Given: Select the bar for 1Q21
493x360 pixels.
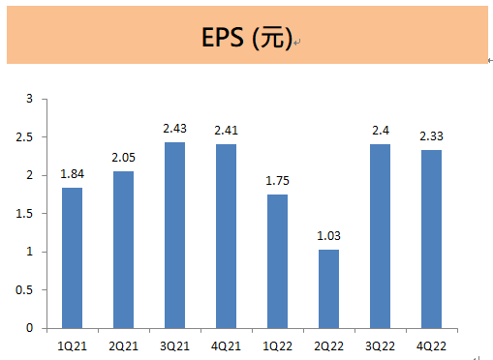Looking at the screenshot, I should (x=72, y=257).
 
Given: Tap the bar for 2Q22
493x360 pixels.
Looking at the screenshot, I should (x=329, y=288).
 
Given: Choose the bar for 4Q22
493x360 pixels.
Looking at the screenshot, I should (x=432, y=239).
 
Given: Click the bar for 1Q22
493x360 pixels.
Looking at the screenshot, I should (x=277, y=261).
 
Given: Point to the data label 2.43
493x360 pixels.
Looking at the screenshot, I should (x=175, y=129).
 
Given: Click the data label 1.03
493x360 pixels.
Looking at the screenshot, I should (x=329, y=236).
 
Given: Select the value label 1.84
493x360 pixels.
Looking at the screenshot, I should (x=72, y=174).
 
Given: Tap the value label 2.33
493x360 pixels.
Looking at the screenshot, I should (x=432, y=136).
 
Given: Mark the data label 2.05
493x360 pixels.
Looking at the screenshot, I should (x=124, y=158).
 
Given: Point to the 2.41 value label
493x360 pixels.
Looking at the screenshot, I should (x=227, y=131).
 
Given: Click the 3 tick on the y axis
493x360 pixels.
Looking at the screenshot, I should (x=30, y=99).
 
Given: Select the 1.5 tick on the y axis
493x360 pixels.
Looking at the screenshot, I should (x=25, y=214).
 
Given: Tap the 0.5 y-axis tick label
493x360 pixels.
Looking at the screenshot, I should (x=25, y=290).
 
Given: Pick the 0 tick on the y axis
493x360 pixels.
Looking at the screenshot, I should (x=30, y=328).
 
